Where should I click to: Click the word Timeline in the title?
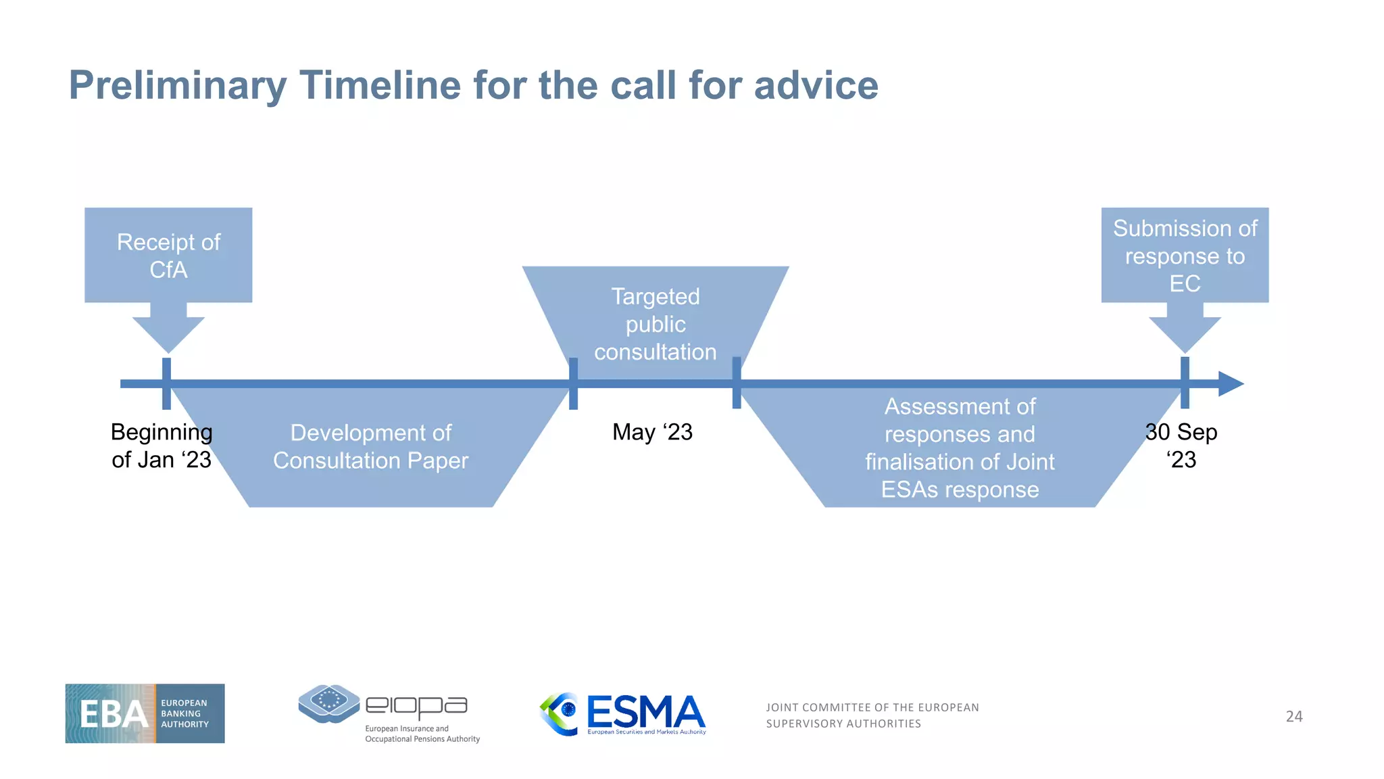click(x=380, y=86)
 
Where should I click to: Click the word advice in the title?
click(x=816, y=86)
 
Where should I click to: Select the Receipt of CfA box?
click(x=168, y=255)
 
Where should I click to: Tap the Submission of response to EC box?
click(x=1185, y=255)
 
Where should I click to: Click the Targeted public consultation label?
click(x=655, y=324)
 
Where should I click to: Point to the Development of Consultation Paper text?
click(x=370, y=446)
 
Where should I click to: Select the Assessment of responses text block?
click(x=960, y=448)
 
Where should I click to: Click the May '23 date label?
click(x=652, y=432)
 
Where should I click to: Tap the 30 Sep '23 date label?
click(x=1181, y=446)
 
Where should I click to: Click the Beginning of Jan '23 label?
click(x=162, y=446)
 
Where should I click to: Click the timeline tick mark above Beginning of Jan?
click(x=166, y=383)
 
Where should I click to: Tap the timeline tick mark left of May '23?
click(x=573, y=383)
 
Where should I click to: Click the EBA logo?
click(x=145, y=713)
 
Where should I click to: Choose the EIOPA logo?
click(x=389, y=713)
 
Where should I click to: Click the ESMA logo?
click(x=622, y=714)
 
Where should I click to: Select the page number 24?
click(x=1293, y=716)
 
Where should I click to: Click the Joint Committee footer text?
click(x=872, y=715)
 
